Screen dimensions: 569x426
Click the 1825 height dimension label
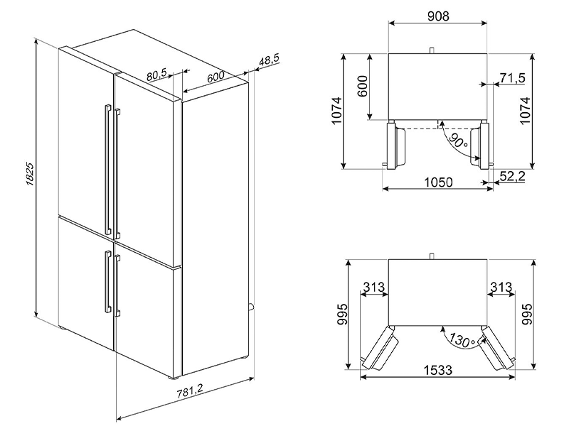coord(30,174)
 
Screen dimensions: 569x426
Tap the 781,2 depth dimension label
coord(190,393)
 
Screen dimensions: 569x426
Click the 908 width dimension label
coord(437,16)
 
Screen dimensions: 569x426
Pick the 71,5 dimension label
coord(512,77)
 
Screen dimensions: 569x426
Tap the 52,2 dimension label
coord(512,176)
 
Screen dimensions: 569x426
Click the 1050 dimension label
coord(439,182)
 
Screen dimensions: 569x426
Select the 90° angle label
coord(458,141)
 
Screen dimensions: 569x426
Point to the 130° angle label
coord(461,339)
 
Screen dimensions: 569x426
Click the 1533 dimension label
coord(438,370)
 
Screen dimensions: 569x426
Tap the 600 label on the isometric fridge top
coord(216,77)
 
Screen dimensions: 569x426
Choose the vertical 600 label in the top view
coord(363,86)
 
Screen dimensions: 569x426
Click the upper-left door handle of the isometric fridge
coord(108,170)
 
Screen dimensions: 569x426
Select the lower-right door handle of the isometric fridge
coord(117,286)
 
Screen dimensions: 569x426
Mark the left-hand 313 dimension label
coord(374,287)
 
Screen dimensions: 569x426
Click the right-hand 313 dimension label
coord(501,287)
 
